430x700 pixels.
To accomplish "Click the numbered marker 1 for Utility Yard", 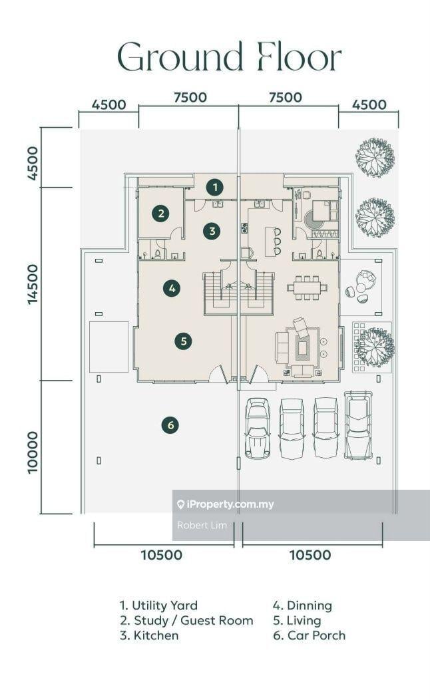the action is pyautogui.click(x=215, y=187).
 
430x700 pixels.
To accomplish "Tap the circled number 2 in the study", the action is pyautogui.click(x=160, y=214).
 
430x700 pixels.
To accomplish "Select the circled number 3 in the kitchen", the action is pyautogui.click(x=212, y=231).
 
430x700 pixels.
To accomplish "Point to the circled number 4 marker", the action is pyautogui.click(x=172, y=288).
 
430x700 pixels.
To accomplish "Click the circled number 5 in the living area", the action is pyautogui.click(x=184, y=341).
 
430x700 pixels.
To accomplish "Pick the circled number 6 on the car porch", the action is pyautogui.click(x=170, y=425).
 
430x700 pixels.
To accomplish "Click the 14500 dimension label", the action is pyautogui.click(x=33, y=284).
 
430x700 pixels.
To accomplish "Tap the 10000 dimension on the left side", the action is pyautogui.click(x=33, y=452).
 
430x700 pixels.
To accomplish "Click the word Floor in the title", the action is pyautogui.click(x=300, y=57).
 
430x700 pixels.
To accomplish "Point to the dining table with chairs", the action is pyautogui.click(x=308, y=287).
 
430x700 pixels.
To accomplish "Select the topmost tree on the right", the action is pyautogui.click(x=375, y=157).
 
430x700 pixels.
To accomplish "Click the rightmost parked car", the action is pyautogui.click(x=358, y=425).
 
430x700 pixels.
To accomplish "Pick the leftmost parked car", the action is pyautogui.click(x=258, y=428).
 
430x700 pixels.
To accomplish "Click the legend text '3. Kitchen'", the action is pyautogui.click(x=149, y=635).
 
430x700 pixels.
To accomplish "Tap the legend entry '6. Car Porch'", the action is pyautogui.click(x=309, y=635).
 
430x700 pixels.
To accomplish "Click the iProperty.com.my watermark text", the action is pyautogui.click(x=226, y=504).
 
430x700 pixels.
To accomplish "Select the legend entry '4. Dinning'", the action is pyautogui.click(x=302, y=606).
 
